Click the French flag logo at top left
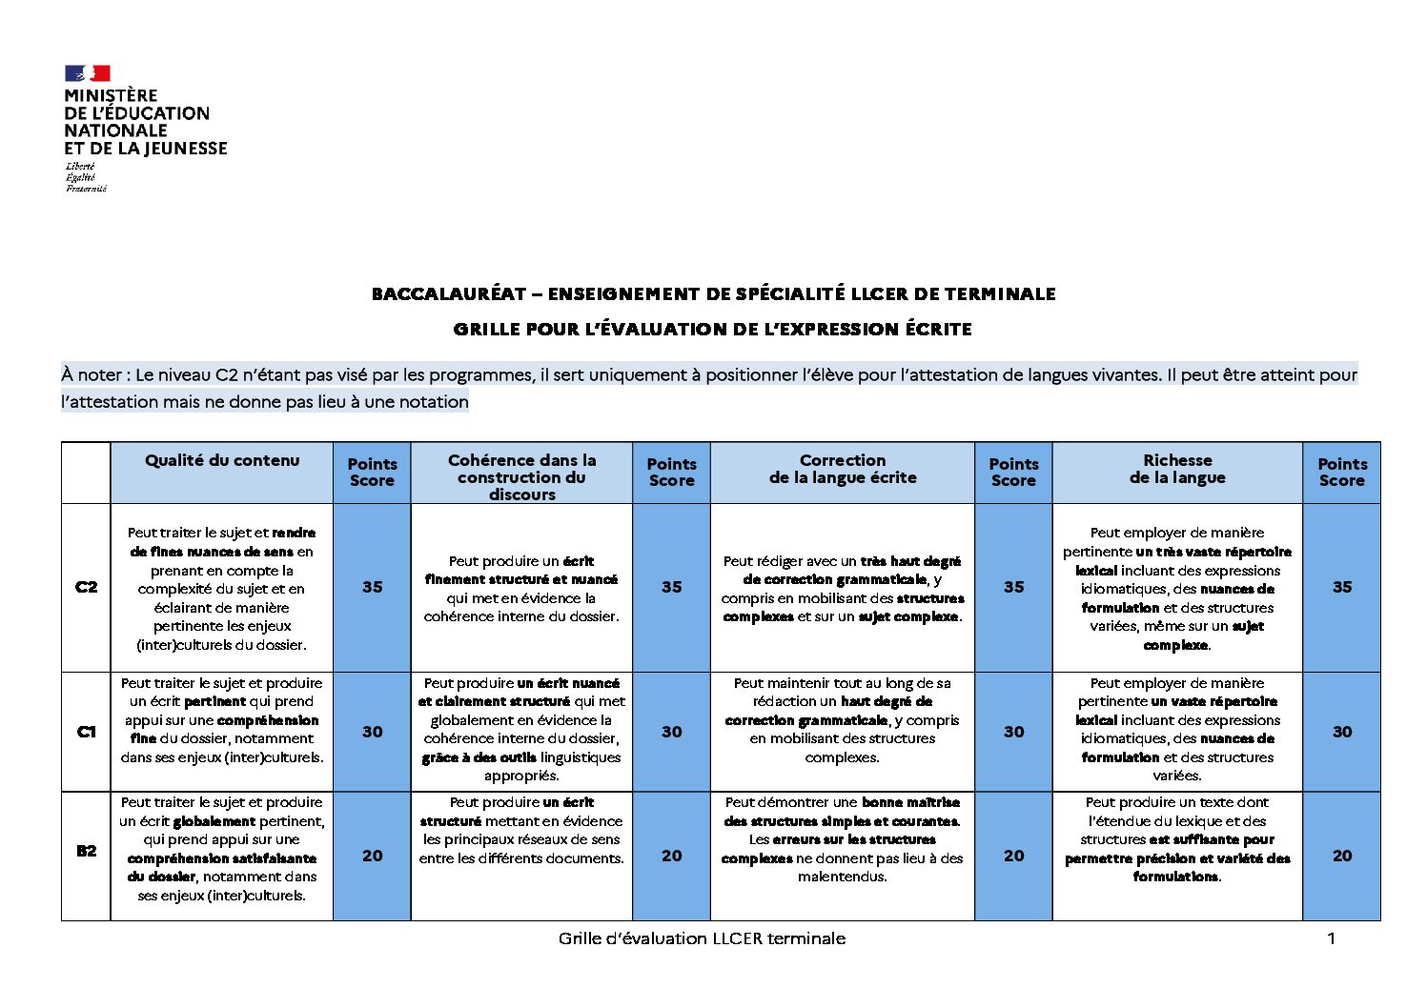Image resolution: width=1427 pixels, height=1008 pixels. pyautogui.click(x=87, y=73)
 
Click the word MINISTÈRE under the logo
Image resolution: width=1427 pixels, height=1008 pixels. pyautogui.click(x=111, y=95)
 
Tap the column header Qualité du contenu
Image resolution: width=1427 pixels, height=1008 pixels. pyautogui.click(x=222, y=461)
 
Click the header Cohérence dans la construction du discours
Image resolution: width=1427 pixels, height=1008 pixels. pyautogui.click(x=521, y=476)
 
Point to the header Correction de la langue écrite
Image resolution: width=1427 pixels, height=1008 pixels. pyautogui.click(x=843, y=469)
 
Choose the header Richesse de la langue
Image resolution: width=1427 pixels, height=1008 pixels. pyautogui.click(x=1177, y=469)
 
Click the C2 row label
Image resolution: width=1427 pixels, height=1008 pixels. pyautogui.click(x=86, y=587)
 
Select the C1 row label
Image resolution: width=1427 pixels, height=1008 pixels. pyautogui.click(x=86, y=732)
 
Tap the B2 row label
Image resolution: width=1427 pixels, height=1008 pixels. pyautogui.click(x=86, y=851)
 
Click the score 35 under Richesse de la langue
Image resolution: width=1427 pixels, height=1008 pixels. pyautogui.click(x=1341, y=587)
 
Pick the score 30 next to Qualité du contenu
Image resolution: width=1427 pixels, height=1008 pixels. pyautogui.click(x=372, y=732)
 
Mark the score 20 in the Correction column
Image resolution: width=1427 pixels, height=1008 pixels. pyautogui.click(x=1013, y=856)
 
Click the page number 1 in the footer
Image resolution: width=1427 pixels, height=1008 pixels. pyautogui.click(x=1331, y=938)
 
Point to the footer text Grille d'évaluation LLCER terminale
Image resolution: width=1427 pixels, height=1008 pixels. pyautogui.click(x=702, y=938)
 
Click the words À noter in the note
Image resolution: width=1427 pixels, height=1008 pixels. pyautogui.click(x=92, y=374)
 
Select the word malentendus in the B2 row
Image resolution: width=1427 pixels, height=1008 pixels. pyautogui.click(x=842, y=877)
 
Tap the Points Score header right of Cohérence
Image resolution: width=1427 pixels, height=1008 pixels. pyautogui.click(x=671, y=473)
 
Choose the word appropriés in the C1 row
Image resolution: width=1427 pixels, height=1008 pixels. pyautogui.click(x=521, y=776)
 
